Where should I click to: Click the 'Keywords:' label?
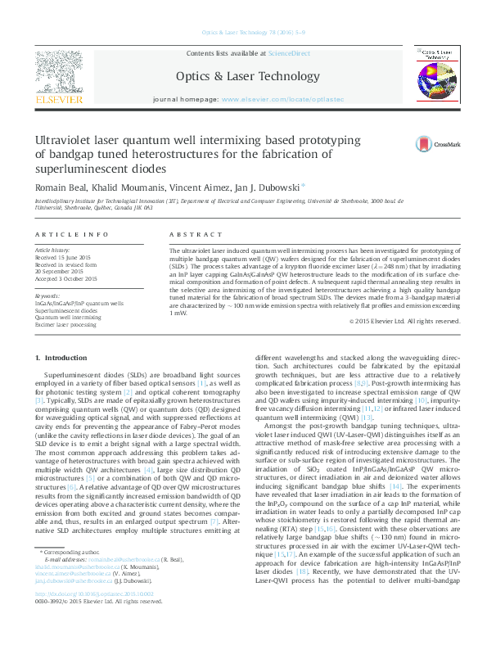point(47,296)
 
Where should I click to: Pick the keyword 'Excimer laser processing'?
point(65,325)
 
